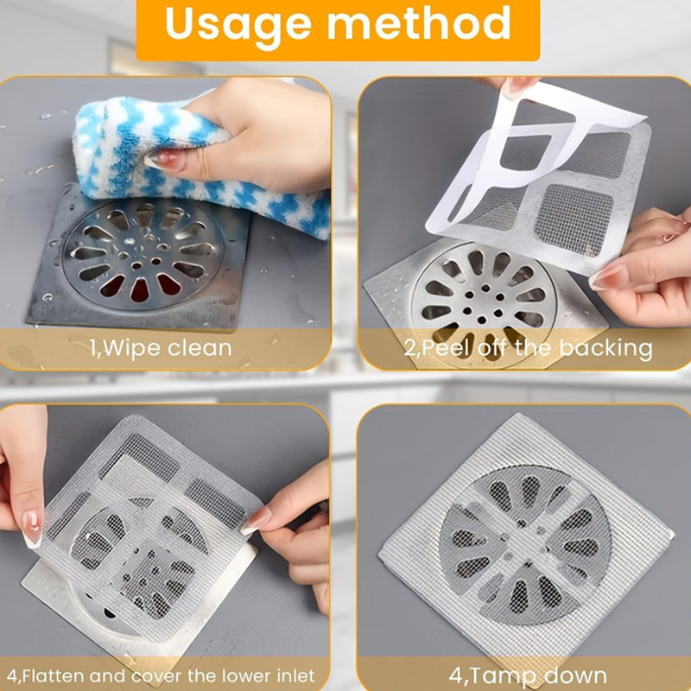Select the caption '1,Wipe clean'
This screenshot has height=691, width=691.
[161, 348]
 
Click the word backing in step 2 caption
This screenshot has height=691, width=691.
[605, 349]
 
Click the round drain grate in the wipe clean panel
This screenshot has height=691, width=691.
[143, 255]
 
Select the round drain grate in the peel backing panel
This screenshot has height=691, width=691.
[484, 303]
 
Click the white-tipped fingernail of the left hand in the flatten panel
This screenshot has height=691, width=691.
[32, 529]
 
